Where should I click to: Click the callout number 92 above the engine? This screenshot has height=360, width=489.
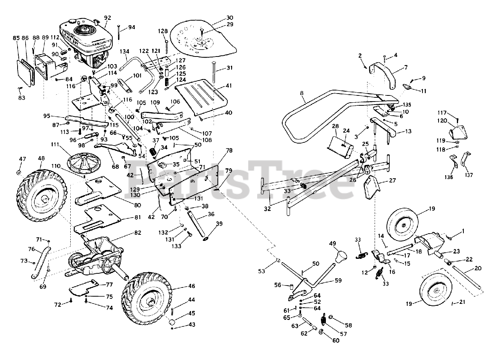tap(107, 18)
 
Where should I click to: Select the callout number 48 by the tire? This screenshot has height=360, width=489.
tap(41, 158)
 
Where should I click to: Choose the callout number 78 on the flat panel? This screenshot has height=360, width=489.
tap(229, 151)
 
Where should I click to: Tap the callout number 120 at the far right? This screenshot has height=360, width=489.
tap(442, 121)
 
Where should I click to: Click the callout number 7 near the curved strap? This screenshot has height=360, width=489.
tap(406, 67)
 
